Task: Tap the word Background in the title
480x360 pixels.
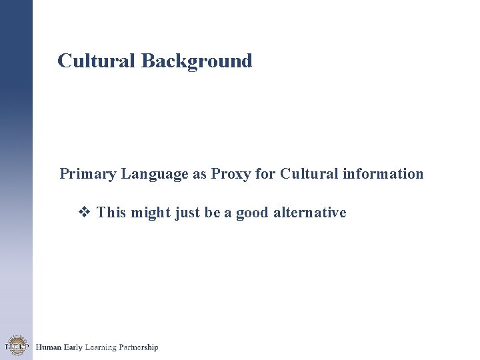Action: click(197, 61)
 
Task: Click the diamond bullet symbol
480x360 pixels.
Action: click(85, 213)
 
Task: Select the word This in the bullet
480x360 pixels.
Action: click(111, 213)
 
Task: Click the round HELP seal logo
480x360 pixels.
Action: click(15, 346)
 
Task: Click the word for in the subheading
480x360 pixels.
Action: click(265, 174)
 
